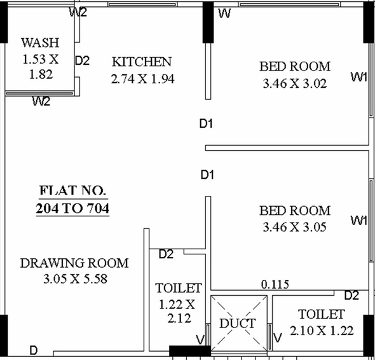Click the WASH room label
coord(40,43)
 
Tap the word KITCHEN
coord(142,62)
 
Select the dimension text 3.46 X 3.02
coord(295,83)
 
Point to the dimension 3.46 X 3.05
coord(295,227)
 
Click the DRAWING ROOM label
coord(74,263)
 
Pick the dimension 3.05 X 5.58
coord(76,279)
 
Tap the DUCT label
coord(238,323)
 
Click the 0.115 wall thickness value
coord(275,284)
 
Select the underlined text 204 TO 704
coord(72,208)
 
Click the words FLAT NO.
coord(72,190)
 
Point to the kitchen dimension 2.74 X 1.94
coord(143,79)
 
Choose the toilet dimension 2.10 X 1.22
coord(322,331)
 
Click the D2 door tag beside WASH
coord(82,60)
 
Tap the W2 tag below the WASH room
coord(41,101)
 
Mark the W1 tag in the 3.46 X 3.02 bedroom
coord(358,77)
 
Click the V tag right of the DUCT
coord(277,338)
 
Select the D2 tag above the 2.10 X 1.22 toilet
coord(351,295)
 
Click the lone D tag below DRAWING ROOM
coord(34,350)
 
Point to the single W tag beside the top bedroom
coord(224,13)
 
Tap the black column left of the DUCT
coord(190,351)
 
